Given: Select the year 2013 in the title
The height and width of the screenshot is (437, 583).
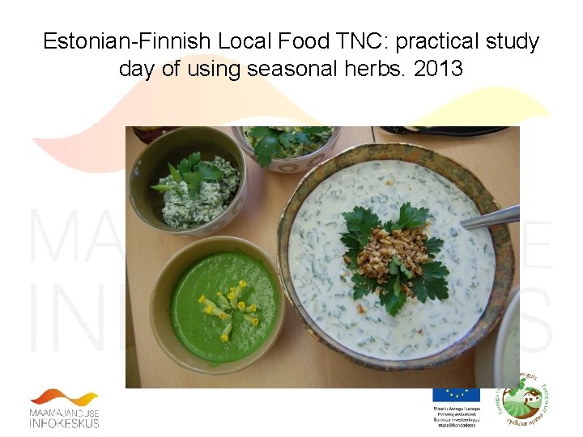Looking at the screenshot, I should [437, 69].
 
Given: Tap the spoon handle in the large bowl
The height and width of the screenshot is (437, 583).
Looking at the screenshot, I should [491, 217].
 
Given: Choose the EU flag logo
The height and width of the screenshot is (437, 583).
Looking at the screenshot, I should [456, 396].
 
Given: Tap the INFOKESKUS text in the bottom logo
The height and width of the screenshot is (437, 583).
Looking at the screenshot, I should [65, 422].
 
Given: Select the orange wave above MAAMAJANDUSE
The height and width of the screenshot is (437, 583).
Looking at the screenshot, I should [65, 398].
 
